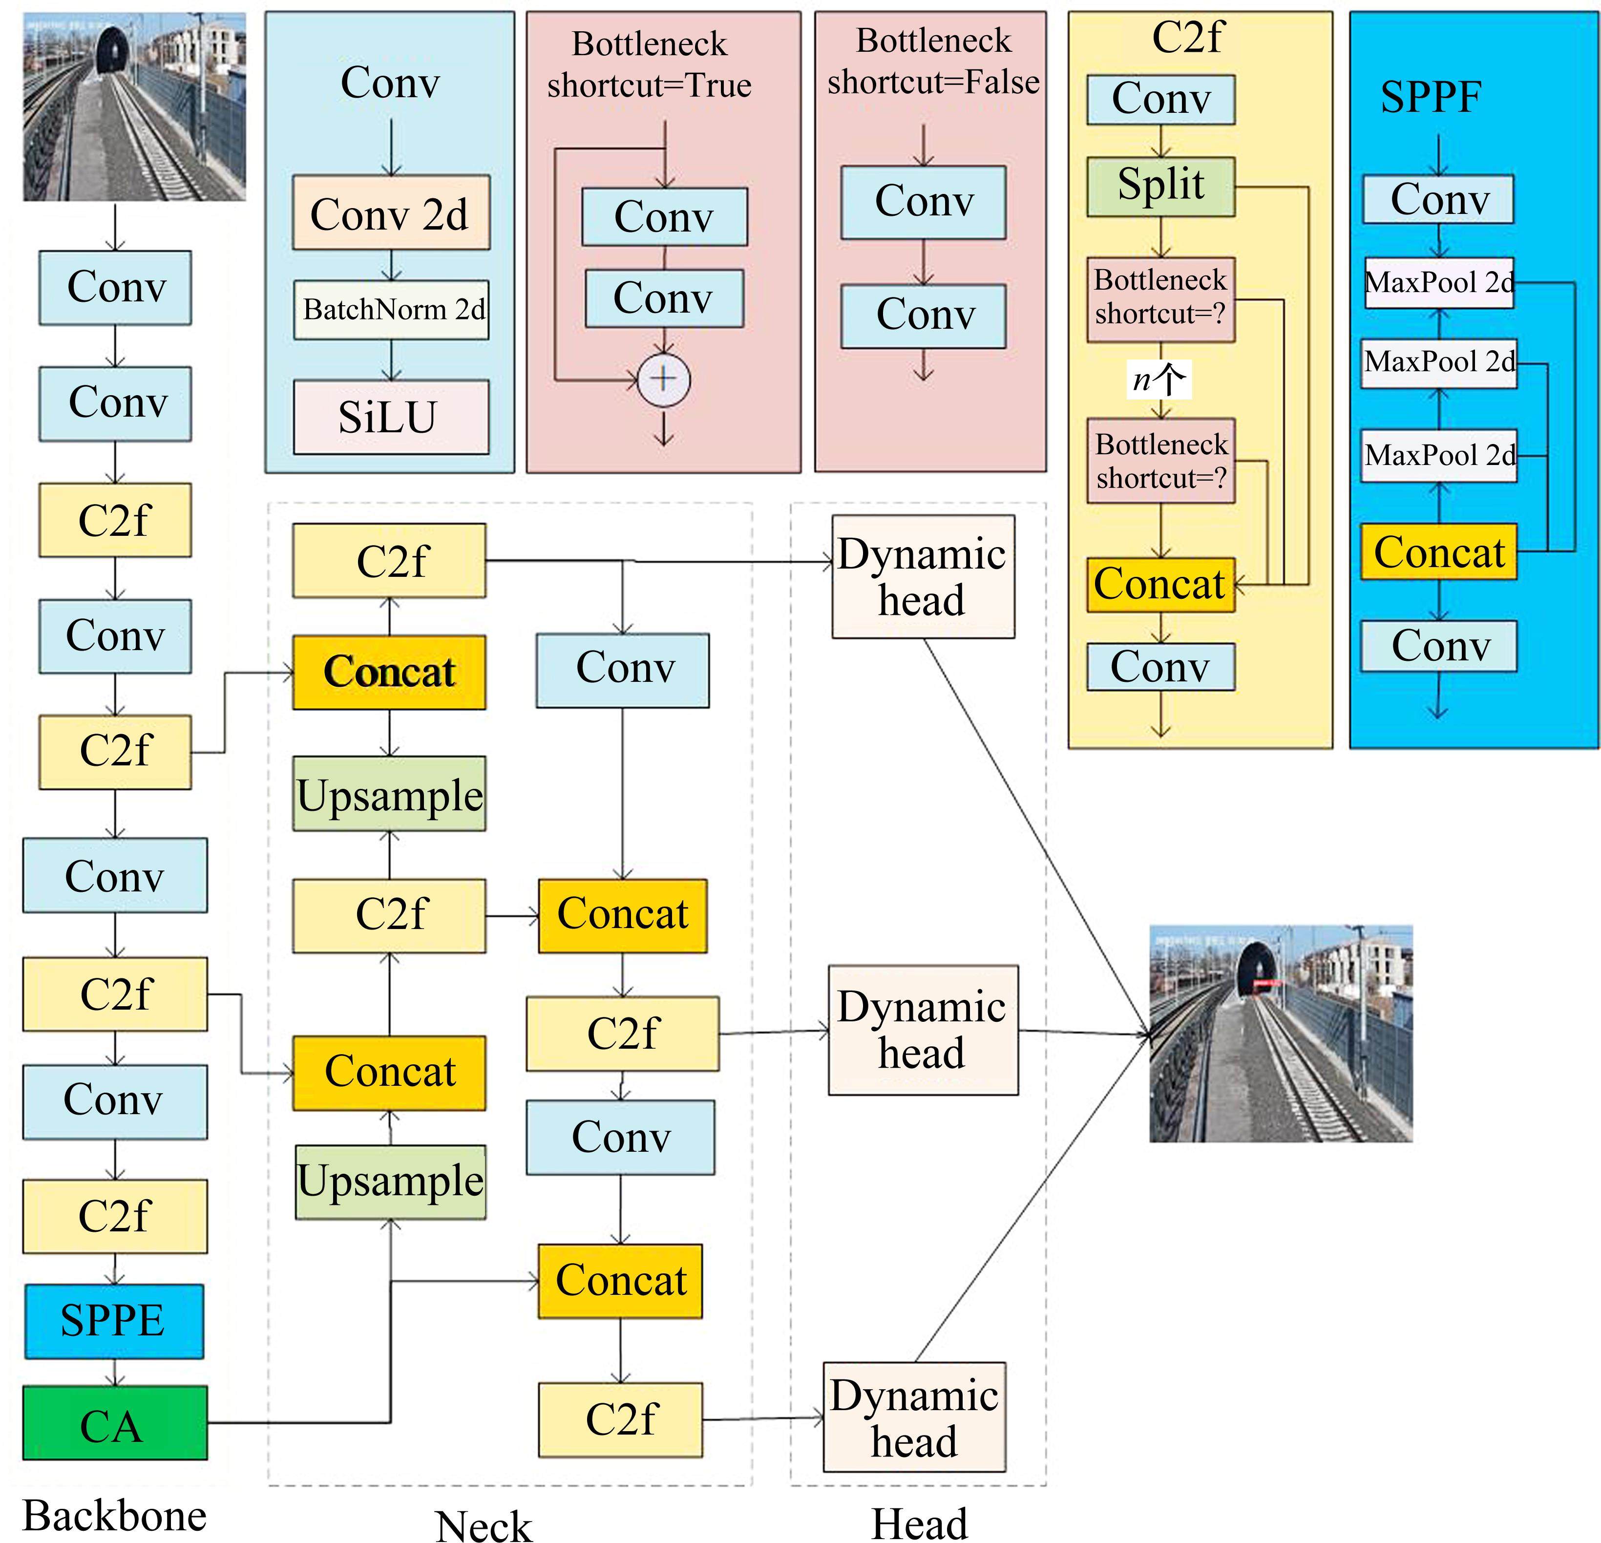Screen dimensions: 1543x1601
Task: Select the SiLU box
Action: coord(390,417)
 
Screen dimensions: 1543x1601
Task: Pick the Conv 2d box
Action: coord(390,212)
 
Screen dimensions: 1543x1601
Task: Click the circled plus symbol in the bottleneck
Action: coord(663,379)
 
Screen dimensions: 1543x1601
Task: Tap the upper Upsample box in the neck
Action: coord(390,794)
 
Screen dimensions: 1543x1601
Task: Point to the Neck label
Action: coord(484,1525)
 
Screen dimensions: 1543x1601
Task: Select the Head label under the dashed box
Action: coord(919,1522)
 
